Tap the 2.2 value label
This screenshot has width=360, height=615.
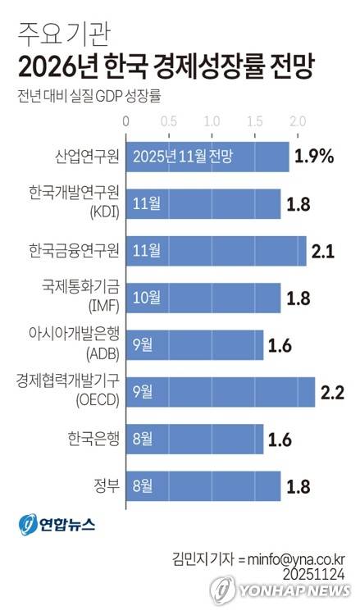tap(331, 392)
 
